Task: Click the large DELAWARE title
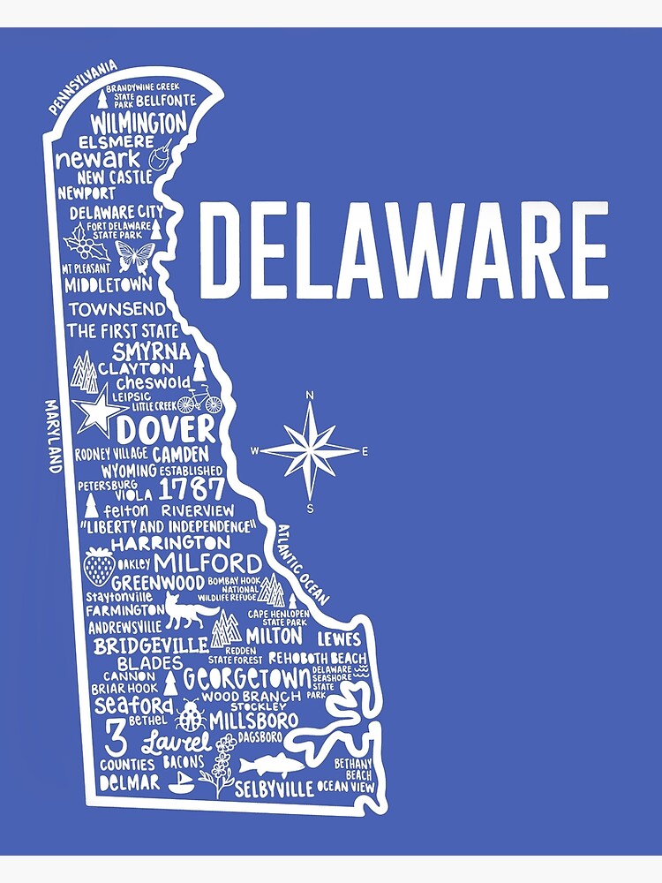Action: click(403, 251)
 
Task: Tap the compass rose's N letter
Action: click(310, 396)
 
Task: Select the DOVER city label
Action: click(166, 431)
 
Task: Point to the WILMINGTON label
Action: click(139, 121)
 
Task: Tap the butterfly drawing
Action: click(134, 256)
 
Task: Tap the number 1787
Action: click(192, 489)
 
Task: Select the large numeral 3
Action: click(114, 735)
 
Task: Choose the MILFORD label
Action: click(208, 562)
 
